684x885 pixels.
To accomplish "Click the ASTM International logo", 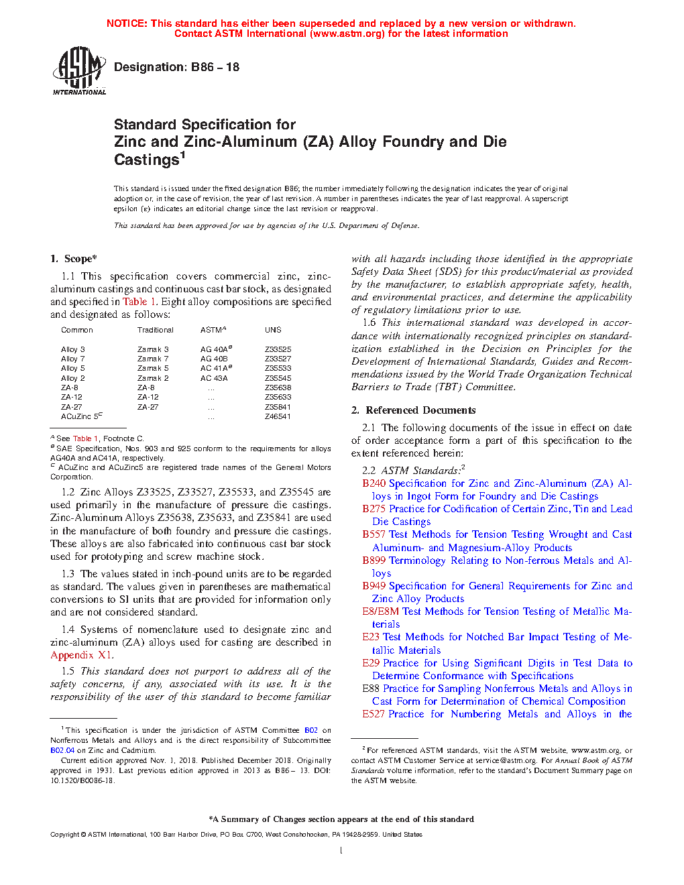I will coord(79,70).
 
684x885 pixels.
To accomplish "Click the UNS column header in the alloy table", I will coord(273,330).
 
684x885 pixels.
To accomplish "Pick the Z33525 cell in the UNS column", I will coord(278,349).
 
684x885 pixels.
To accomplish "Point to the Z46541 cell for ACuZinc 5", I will coord(278,416).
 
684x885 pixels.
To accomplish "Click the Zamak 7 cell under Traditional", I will coord(153,359).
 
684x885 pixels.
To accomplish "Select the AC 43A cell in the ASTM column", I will coord(214,378).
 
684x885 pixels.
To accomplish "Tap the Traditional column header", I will coord(156,330).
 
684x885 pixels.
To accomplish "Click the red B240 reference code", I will coord(374,483).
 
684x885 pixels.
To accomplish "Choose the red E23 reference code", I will coord(371,637).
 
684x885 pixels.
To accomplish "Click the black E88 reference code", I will coord(371,689).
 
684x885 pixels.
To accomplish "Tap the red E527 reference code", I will coord(374,714).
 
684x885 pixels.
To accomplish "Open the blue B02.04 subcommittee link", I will coord(62,750).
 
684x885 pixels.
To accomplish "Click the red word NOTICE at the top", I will coord(127,23).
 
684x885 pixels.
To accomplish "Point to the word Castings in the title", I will coord(146,160).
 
